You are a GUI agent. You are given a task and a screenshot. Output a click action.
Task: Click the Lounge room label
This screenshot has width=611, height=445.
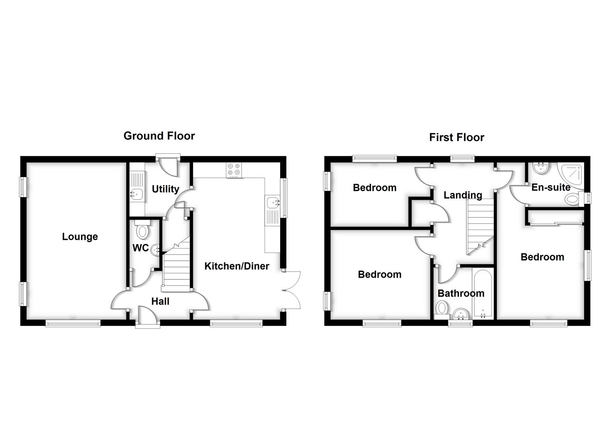coord(80,237)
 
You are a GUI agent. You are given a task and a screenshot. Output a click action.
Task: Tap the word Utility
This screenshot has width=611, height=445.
coord(165,189)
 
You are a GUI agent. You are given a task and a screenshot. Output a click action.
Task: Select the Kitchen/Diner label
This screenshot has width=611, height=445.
coord(237,266)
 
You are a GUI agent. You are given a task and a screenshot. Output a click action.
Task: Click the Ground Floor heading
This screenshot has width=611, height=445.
coord(159,136)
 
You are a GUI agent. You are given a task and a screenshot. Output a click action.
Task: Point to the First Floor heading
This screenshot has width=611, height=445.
coord(456,137)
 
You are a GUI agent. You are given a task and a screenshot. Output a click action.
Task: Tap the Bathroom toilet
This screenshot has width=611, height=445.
coord(442,309)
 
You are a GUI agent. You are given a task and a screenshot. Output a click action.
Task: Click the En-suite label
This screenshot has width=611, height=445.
coord(551,187)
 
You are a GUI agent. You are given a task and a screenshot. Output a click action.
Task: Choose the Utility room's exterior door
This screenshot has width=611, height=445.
coord(168,166)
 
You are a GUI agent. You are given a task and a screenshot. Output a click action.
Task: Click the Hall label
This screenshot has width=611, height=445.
coord(160,301)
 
